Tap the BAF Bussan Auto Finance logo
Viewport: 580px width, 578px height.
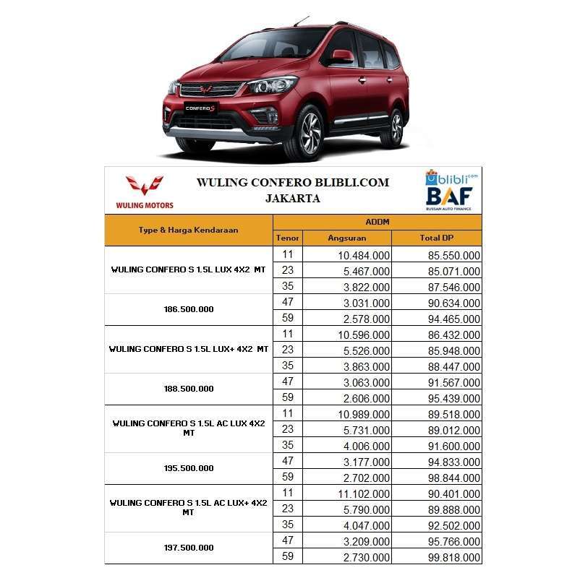(448, 198)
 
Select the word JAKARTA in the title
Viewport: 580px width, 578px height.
(292, 198)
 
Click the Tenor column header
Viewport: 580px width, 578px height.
(287, 238)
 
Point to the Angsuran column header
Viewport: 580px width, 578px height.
(347, 238)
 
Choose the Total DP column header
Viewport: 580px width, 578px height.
(436, 238)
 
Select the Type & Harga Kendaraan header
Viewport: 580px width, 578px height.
(188, 230)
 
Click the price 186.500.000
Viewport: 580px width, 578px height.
(188, 309)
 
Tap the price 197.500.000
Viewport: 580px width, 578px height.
(188, 548)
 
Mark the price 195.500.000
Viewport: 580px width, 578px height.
(188, 468)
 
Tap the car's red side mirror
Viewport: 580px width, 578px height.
(343, 56)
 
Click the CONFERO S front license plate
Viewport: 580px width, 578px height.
(200, 108)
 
